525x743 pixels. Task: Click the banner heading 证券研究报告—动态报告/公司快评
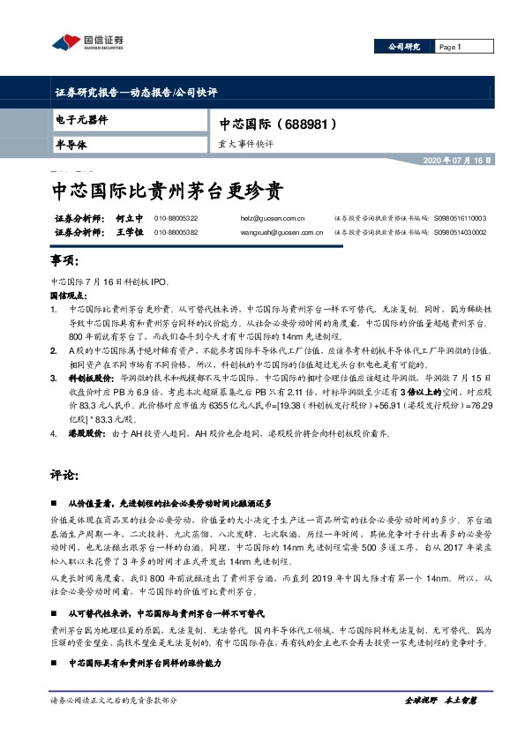[x=136, y=92]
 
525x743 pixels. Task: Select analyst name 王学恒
[x=130, y=232]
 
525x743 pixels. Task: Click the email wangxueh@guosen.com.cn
[x=281, y=232]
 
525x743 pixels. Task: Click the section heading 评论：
[x=67, y=476]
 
